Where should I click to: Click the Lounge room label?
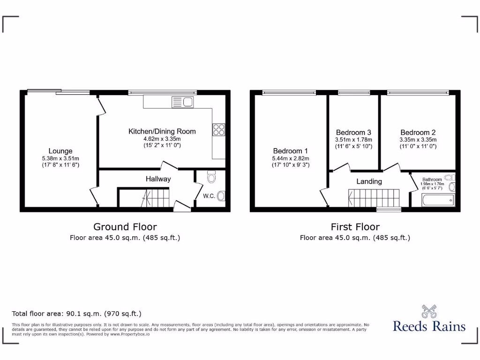(x=60, y=151)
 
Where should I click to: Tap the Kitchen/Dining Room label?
(x=162, y=131)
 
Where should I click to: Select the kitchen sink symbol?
(x=183, y=102)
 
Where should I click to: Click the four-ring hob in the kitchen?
(x=218, y=129)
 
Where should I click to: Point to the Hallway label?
(x=158, y=179)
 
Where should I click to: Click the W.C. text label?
(x=209, y=196)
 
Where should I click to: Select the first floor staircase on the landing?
(x=373, y=197)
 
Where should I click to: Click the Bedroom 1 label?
(x=291, y=151)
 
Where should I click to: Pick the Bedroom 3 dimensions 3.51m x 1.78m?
(x=353, y=140)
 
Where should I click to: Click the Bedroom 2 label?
(x=418, y=132)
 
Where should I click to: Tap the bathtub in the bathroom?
(x=438, y=201)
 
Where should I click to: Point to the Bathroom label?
(x=432, y=180)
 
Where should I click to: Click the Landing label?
(x=369, y=181)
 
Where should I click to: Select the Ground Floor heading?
(x=125, y=227)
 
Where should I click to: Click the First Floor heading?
(x=355, y=227)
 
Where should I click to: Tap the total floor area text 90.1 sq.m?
(x=76, y=314)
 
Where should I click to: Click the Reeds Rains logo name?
(x=429, y=326)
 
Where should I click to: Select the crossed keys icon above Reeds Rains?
(x=429, y=311)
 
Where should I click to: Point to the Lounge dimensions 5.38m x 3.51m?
(x=60, y=158)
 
